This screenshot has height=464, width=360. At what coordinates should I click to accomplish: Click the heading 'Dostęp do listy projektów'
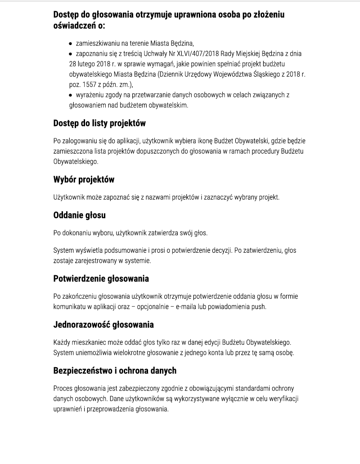coord(99,123)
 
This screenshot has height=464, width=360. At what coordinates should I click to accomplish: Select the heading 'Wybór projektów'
coord(84,179)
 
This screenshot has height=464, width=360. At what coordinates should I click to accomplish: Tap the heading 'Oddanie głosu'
coord(79,215)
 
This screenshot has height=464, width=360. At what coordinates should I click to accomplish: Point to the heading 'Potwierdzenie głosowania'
coord(101,278)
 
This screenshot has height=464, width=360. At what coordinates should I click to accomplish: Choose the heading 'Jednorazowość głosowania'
coord(103,324)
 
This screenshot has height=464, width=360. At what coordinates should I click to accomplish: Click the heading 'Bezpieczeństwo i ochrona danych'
coord(115,370)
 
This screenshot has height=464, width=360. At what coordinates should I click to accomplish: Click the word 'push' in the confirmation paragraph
coord(259,307)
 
